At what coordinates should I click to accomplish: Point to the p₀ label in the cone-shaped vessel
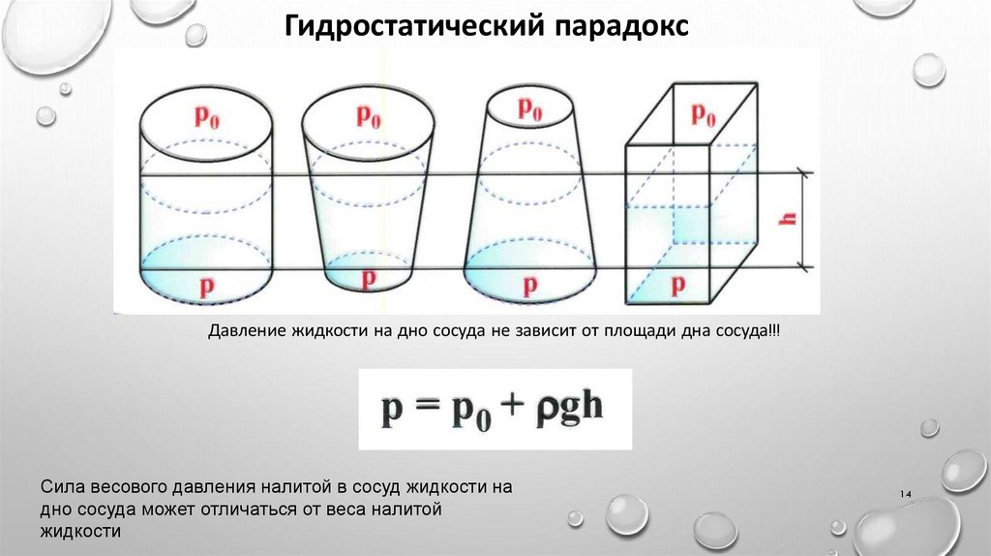[529, 108]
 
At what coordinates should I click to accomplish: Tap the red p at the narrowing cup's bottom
[369, 279]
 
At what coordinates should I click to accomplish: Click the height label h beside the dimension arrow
[789, 220]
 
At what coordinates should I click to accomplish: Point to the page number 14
[907, 495]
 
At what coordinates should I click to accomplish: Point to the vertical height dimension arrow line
[802, 220]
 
